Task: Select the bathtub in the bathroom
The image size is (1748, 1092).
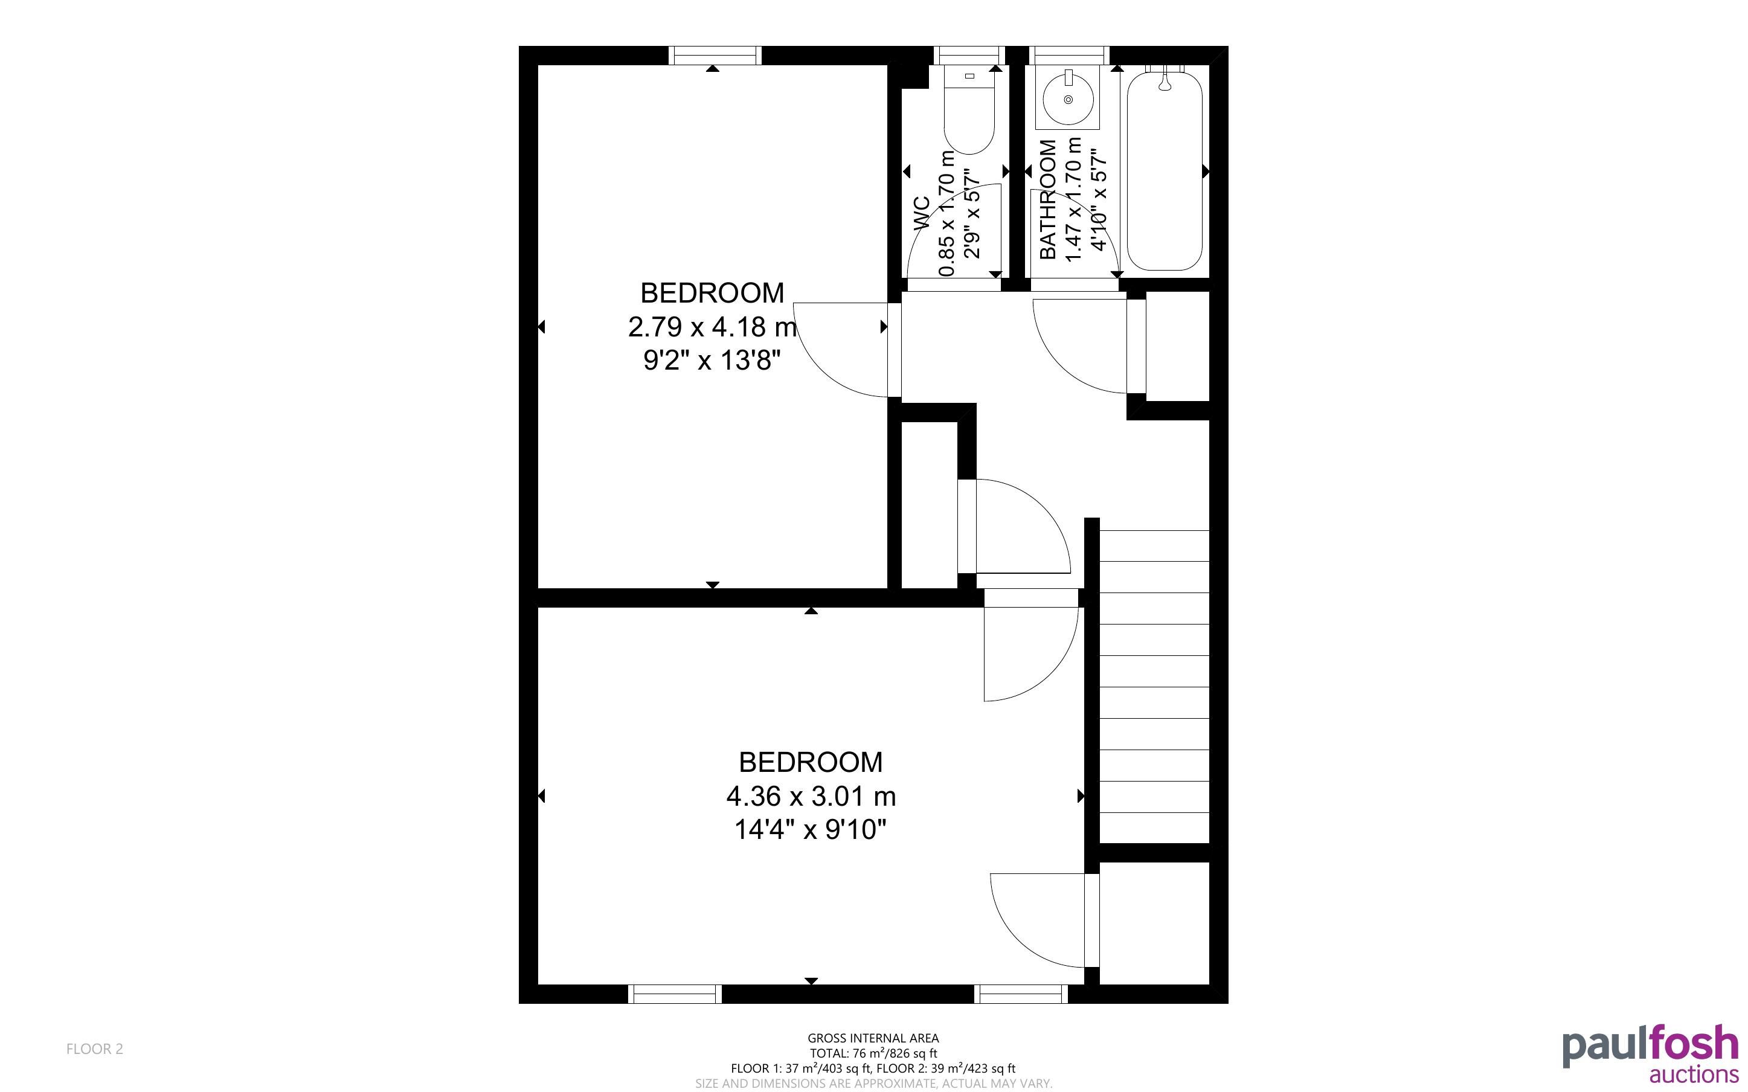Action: pos(1164,169)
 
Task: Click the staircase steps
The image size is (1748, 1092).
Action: pos(1154,686)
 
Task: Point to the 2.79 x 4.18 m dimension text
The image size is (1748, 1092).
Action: pos(713,327)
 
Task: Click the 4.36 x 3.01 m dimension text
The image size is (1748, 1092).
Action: pos(811,797)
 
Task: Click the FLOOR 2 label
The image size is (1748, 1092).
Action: pos(95,1049)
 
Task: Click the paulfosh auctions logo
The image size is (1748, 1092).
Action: pos(1651,1054)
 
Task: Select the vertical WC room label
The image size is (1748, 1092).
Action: pos(921,214)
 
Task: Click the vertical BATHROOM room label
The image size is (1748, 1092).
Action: pos(1047,199)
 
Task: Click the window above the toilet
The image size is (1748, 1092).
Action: pos(969,56)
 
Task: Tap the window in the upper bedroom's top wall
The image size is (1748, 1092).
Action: pos(715,56)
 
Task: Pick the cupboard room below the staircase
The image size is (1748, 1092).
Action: pos(1154,923)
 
